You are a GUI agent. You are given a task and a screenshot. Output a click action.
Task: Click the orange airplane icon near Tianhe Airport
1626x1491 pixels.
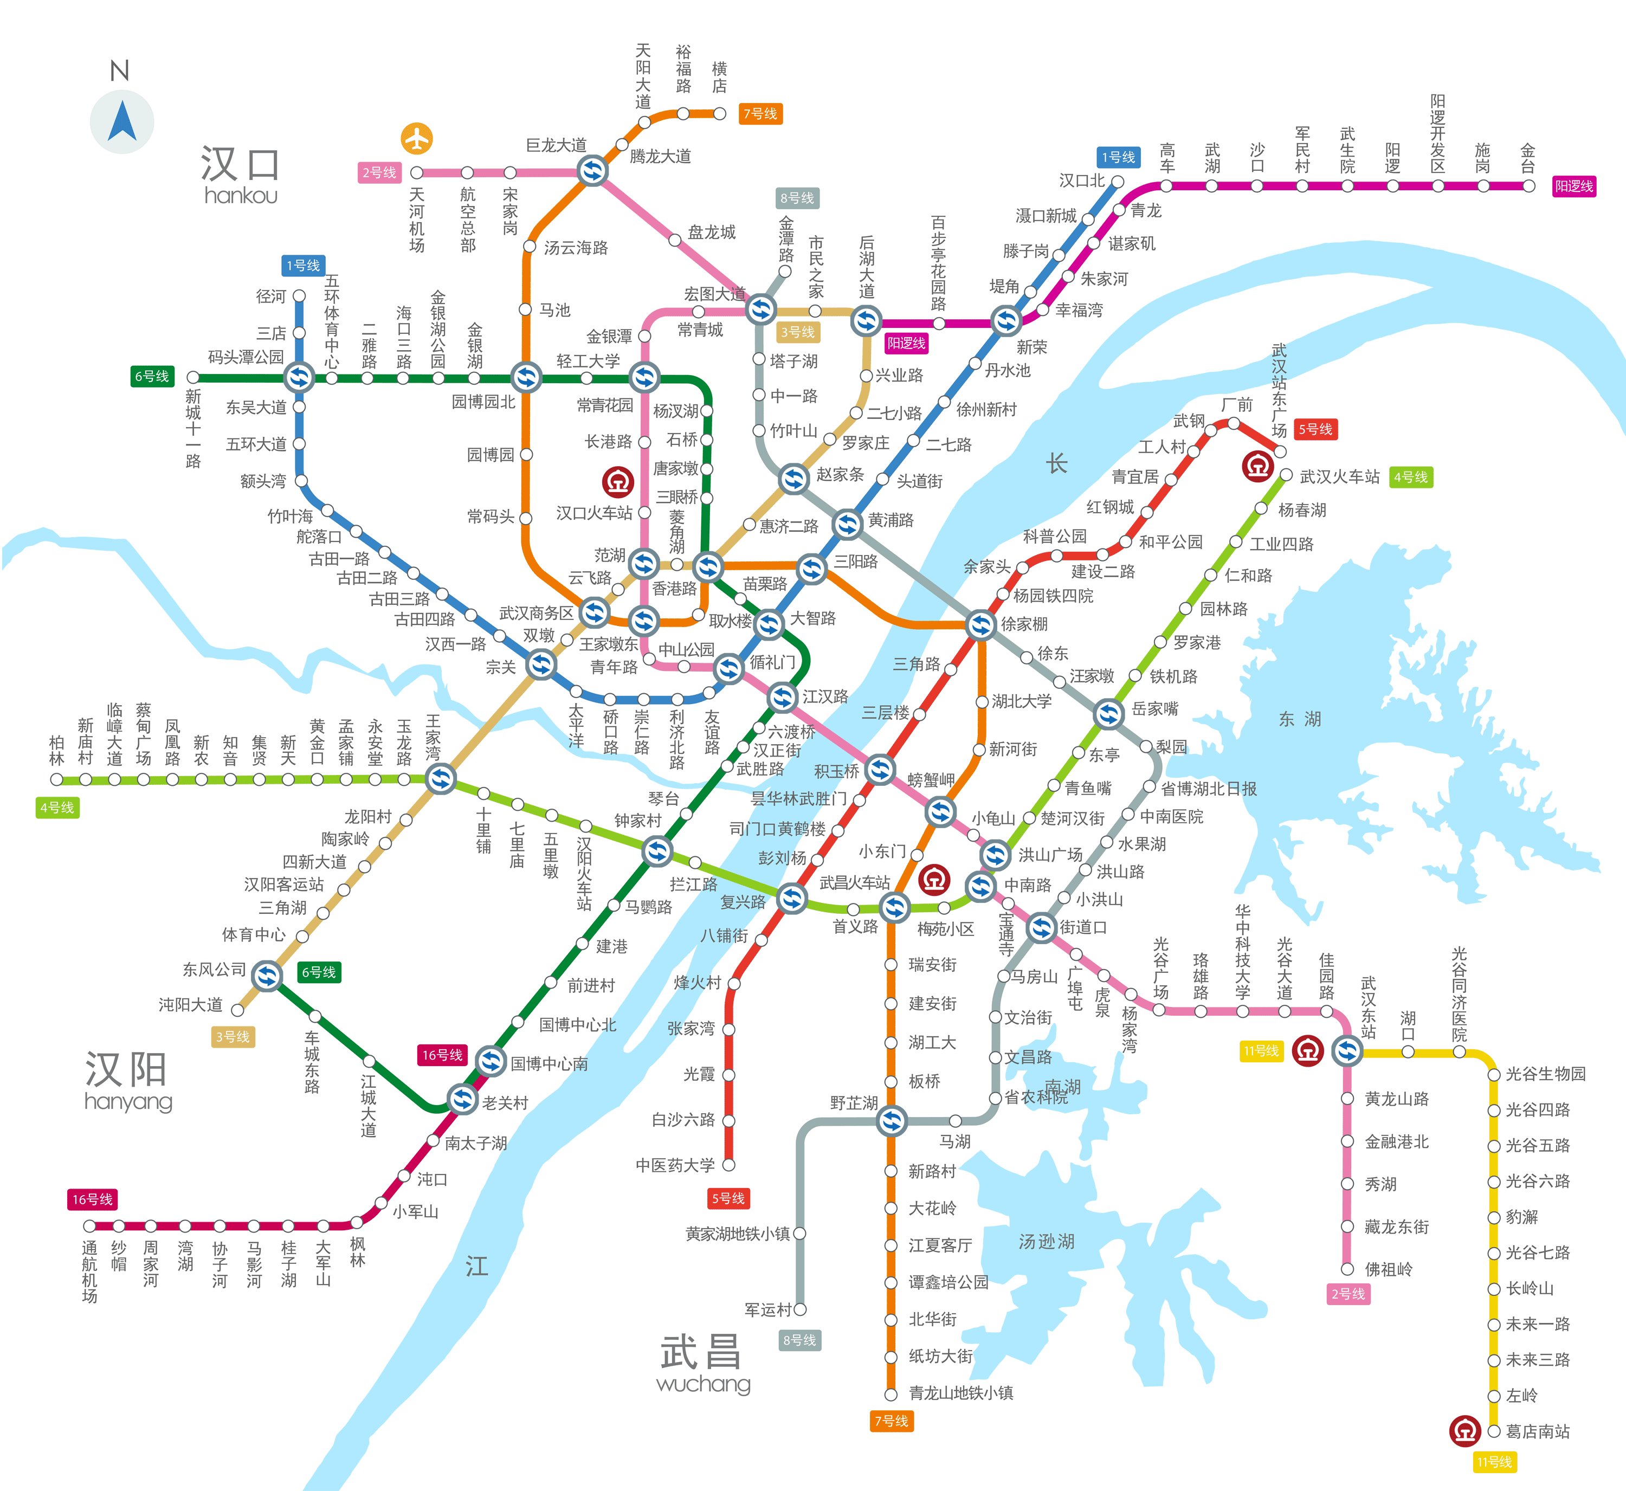point(416,139)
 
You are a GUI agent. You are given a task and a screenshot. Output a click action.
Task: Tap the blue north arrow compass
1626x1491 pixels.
point(122,121)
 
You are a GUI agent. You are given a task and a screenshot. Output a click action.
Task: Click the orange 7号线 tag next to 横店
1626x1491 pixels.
point(760,114)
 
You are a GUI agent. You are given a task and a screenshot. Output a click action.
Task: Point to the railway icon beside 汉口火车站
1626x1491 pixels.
point(618,482)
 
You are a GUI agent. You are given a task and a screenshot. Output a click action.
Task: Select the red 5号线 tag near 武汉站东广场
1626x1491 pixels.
point(1315,429)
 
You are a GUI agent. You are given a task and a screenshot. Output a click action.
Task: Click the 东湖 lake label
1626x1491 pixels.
point(1300,719)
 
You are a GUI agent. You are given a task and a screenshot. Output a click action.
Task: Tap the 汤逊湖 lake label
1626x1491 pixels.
point(1047,1241)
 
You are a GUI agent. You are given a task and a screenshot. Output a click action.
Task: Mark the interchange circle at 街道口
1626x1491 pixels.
point(1041,928)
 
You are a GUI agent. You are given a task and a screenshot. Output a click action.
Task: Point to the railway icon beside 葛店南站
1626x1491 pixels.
point(1464,1430)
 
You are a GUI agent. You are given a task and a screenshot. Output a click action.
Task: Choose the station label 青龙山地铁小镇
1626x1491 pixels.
point(961,1392)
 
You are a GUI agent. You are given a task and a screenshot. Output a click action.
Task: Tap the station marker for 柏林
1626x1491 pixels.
point(56,779)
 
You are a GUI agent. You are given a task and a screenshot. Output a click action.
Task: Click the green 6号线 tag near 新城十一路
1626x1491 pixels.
point(152,377)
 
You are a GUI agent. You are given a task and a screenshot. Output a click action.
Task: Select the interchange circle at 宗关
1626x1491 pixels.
point(541,665)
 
